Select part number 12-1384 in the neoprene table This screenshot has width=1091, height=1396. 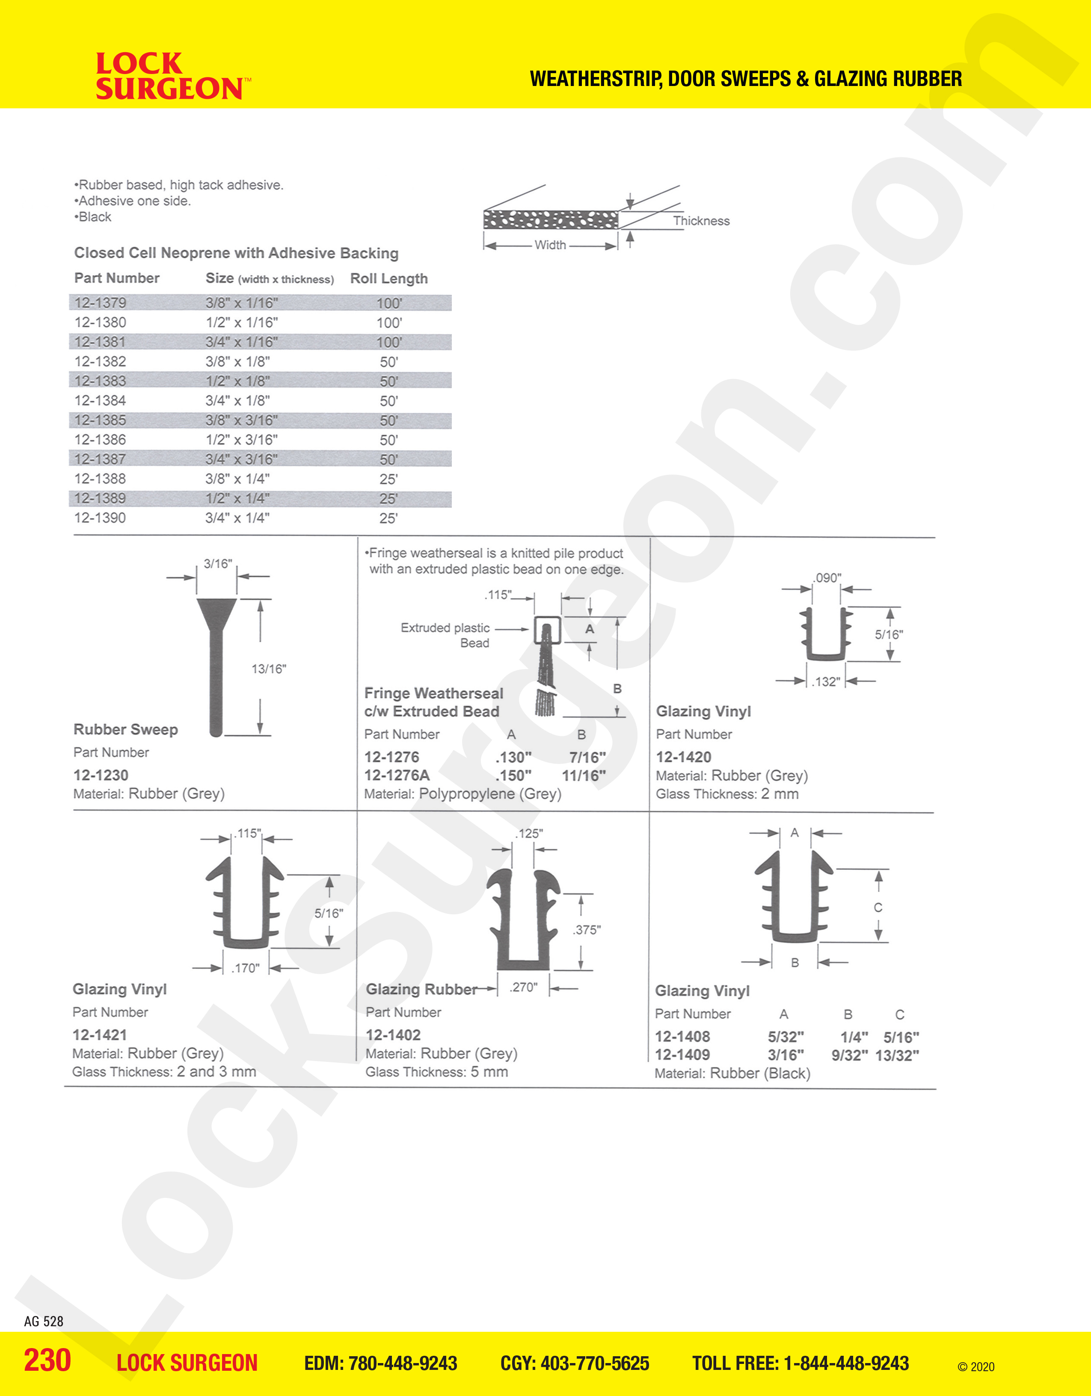pos(101,401)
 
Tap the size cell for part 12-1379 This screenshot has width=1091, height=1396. pos(242,303)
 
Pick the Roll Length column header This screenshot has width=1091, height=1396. pos(388,279)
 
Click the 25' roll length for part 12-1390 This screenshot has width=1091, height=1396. pos(388,519)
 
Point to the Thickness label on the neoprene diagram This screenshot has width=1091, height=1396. pos(701,221)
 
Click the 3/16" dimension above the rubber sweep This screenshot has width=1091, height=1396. pos(217,564)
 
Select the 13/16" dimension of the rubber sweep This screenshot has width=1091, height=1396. pos(268,669)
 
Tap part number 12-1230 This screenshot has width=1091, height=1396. pos(101,775)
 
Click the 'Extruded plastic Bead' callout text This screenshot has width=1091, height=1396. pos(445,635)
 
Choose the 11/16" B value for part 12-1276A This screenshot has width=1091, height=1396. pos(584,776)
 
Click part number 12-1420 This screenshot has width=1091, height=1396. pos(683,757)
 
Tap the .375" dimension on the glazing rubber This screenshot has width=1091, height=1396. pos(587,930)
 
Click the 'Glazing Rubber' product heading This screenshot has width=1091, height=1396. pos(421,990)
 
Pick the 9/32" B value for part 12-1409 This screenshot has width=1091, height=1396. pos(849,1055)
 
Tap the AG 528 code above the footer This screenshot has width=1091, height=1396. pos(44,1321)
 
